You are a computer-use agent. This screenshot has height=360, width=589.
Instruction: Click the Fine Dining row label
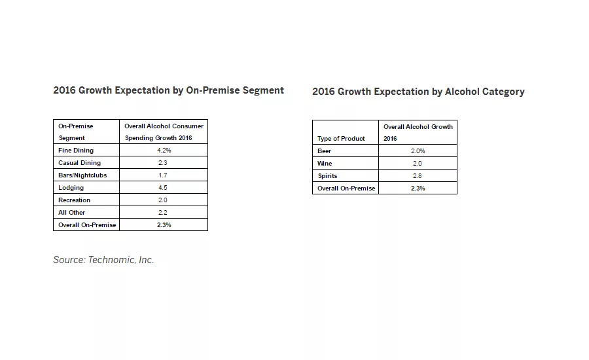pyautogui.click(x=76, y=151)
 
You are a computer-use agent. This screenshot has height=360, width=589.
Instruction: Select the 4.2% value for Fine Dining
pyautogui.click(x=163, y=151)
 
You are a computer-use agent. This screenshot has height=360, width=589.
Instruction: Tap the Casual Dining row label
pyautogui.click(x=80, y=163)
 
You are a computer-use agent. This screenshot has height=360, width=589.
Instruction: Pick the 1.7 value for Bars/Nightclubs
pyautogui.click(x=163, y=175)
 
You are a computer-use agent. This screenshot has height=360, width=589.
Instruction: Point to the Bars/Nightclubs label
pyautogui.click(x=82, y=175)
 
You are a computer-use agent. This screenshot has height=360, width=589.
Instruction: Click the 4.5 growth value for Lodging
pyautogui.click(x=163, y=188)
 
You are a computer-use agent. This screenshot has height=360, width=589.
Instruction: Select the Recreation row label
pyautogui.click(x=75, y=200)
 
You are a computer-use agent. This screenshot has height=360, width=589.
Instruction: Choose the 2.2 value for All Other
pyautogui.click(x=163, y=213)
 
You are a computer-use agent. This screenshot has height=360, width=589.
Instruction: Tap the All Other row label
pyautogui.click(x=72, y=213)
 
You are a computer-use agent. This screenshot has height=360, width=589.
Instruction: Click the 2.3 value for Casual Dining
pyautogui.click(x=163, y=163)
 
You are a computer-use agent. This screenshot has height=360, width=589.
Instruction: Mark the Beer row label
pyautogui.click(x=325, y=151)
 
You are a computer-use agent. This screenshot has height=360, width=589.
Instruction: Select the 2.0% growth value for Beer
pyautogui.click(x=418, y=151)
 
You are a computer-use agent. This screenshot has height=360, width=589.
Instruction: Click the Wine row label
pyautogui.click(x=325, y=164)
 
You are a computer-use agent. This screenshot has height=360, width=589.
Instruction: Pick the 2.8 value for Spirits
pyautogui.click(x=418, y=176)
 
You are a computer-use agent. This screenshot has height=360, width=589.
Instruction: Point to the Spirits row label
pyautogui.click(x=327, y=176)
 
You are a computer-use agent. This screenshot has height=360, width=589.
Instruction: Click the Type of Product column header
pyautogui.click(x=341, y=139)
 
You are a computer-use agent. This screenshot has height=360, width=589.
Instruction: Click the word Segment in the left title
pyautogui.click(x=262, y=90)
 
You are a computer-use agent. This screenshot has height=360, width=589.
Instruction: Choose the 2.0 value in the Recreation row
pyautogui.click(x=163, y=200)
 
